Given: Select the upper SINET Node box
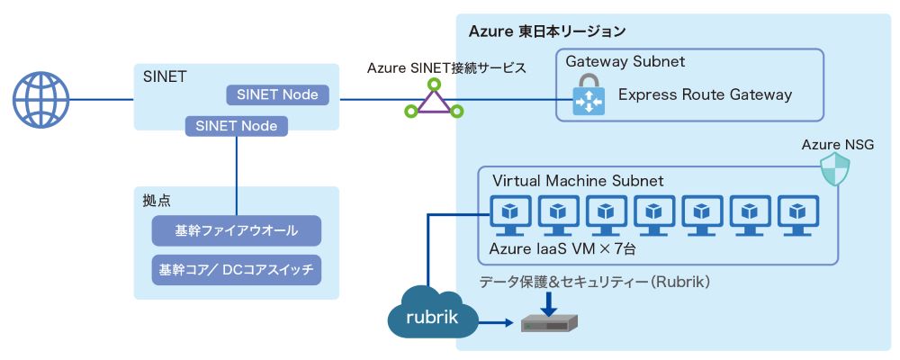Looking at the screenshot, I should tap(278, 94).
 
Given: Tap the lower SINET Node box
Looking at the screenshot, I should tap(237, 125).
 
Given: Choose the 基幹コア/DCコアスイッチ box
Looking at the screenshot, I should tap(237, 269).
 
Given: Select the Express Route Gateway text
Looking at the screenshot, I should tap(705, 94).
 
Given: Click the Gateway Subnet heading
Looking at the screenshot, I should tap(625, 62).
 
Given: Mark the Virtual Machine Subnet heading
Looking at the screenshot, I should tap(576, 181).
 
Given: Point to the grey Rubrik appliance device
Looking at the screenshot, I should tap(549, 321).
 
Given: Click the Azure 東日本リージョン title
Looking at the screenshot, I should tap(546, 31).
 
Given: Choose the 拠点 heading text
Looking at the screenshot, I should tap(156, 198).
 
